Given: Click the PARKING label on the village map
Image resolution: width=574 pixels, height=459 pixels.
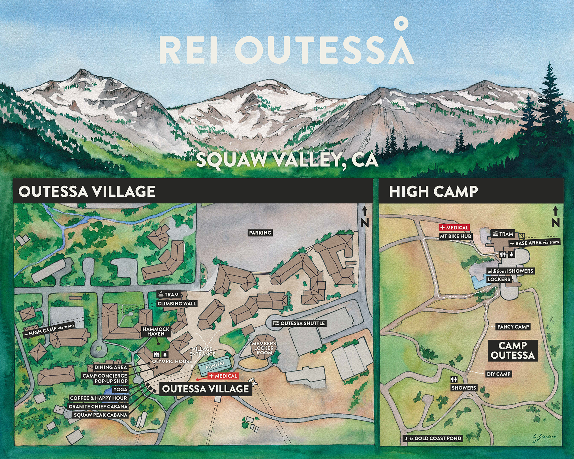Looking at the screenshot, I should [260, 233].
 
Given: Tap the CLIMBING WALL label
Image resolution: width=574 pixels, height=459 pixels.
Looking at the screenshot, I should [177, 304].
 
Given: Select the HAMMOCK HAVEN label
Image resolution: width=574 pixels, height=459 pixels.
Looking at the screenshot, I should [156, 331].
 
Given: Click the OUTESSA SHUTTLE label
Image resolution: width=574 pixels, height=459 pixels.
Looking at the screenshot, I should [299, 323].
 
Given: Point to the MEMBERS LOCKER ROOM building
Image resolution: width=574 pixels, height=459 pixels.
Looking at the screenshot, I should [264, 348].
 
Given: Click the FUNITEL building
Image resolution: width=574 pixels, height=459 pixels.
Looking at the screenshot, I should [215, 365].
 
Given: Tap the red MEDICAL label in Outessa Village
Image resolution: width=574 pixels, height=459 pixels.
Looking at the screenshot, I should [223, 376].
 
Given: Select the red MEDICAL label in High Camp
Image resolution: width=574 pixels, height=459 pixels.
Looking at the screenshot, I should [454, 228].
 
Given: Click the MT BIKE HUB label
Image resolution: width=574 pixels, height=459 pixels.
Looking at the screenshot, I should [455, 236].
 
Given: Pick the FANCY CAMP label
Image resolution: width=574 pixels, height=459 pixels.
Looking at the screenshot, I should [513, 327].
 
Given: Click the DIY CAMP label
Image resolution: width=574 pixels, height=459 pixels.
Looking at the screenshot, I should [498, 374].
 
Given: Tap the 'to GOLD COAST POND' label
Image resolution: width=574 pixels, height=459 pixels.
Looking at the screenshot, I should [433, 438].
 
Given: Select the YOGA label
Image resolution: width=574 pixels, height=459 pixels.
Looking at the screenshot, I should [120, 390].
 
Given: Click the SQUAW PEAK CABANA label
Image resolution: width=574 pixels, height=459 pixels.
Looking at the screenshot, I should [100, 415].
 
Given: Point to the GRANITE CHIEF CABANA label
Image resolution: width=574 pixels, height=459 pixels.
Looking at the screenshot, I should [98, 407].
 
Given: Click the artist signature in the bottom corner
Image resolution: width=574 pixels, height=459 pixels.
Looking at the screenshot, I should [544, 437].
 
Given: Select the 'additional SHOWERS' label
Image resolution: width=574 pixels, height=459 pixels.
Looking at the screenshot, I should [510, 271].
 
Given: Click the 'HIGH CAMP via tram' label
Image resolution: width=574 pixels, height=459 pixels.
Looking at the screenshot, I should [49, 330].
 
